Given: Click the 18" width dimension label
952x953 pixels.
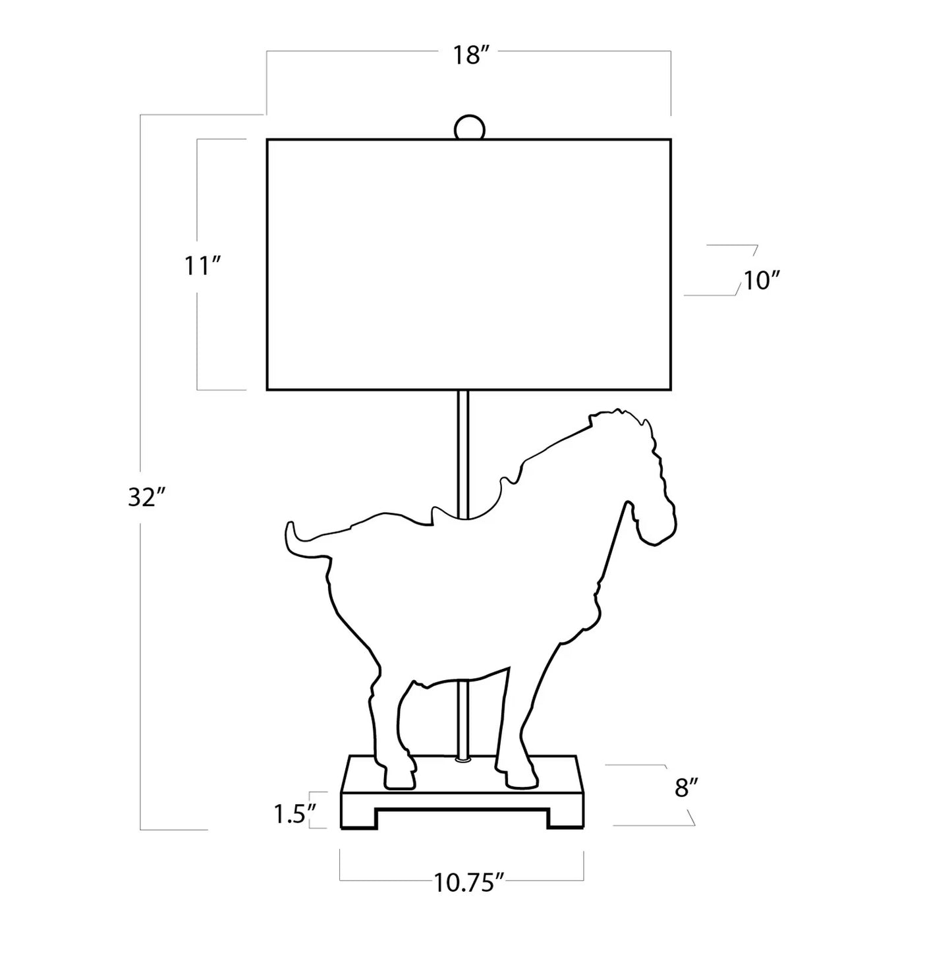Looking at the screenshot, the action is [x=467, y=55].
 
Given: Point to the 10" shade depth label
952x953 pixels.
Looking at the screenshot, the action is [x=762, y=281].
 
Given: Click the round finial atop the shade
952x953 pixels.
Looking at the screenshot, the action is [x=469, y=128].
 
